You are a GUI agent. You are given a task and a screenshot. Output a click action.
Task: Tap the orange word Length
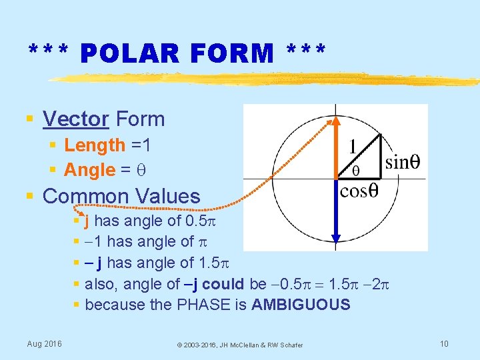[95, 145]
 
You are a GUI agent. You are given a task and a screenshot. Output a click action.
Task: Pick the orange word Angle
[90, 170]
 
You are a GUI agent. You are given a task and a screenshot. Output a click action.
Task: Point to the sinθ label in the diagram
[403, 162]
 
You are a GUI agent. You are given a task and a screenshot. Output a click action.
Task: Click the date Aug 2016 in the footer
[44, 343]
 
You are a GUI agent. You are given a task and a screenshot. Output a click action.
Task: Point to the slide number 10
[445, 343]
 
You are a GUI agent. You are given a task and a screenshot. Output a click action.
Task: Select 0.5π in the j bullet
[193, 221]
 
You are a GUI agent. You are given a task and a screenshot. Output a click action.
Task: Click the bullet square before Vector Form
[29, 119]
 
